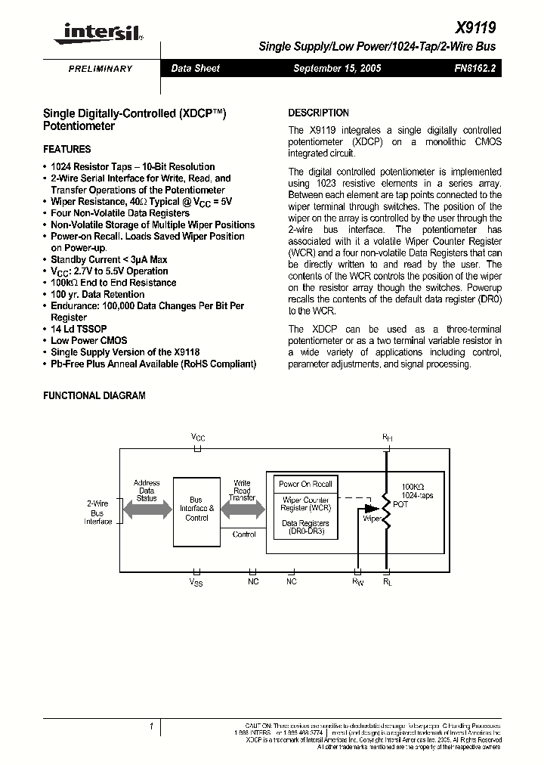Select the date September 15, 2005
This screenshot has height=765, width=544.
pyautogui.click(x=337, y=68)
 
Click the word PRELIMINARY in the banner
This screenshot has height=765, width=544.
pyautogui.click(x=100, y=69)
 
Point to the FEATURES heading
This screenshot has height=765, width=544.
pyautogui.click(x=66, y=149)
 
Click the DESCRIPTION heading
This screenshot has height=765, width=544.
pyautogui.click(x=318, y=113)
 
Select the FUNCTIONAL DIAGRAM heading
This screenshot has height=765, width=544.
pyautogui.click(x=94, y=395)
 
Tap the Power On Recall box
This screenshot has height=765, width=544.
pyautogui.click(x=305, y=484)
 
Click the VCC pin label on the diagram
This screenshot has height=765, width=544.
pyautogui.click(x=198, y=438)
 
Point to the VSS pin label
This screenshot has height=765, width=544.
pyautogui.click(x=196, y=582)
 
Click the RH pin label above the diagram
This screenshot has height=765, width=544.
pyautogui.click(x=387, y=438)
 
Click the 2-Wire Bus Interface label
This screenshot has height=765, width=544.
pyautogui.click(x=97, y=512)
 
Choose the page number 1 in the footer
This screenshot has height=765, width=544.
pyautogui.click(x=151, y=726)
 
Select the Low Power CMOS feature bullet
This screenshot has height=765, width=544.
pyautogui.click(x=88, y=340)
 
